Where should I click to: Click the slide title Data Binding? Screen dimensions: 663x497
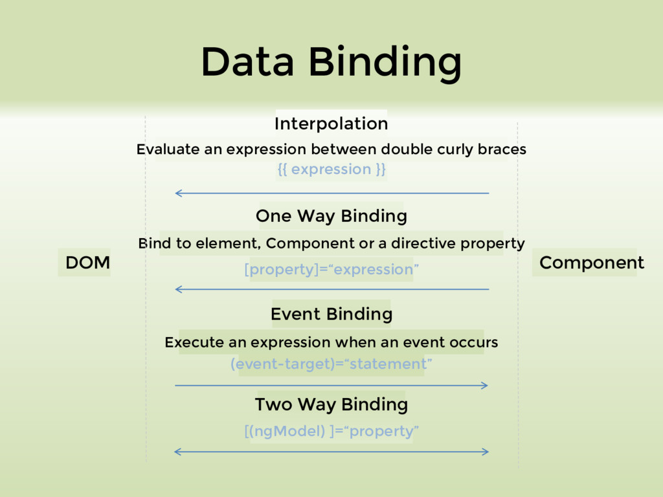pos(331,63)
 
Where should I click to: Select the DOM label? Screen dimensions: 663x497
pos(87,263)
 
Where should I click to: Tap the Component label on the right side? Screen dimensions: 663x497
pos(591,263)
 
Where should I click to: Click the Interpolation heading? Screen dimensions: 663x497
pos(331,124)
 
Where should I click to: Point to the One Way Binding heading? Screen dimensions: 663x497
pos(331,216)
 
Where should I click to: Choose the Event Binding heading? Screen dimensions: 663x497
pos(331,315)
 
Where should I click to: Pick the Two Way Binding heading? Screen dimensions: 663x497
pos(331,405)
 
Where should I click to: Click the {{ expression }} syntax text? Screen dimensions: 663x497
pos(331,170)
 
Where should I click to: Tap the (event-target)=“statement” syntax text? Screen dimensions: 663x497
pos(331,364)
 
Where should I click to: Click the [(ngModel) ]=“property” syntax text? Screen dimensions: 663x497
pos(331,431)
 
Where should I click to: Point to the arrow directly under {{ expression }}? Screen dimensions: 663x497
pos(331,193)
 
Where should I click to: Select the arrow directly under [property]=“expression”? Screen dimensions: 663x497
pos(331,289)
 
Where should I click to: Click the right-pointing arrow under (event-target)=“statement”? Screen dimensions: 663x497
pos(331,386)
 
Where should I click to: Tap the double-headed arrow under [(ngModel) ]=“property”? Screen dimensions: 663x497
pos(331,452)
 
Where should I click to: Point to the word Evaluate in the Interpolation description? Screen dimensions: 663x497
pos(167,149)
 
